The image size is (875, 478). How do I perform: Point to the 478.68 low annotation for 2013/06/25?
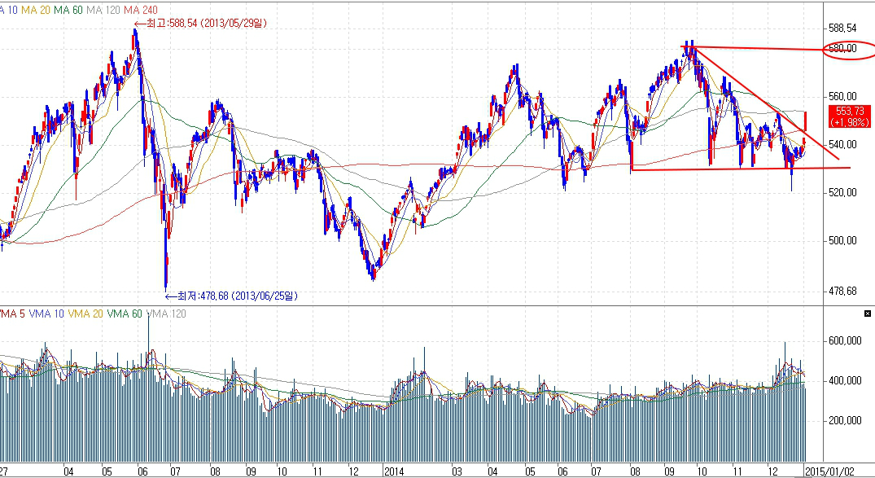tap(231, 296)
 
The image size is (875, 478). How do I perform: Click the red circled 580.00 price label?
tap(842, 49)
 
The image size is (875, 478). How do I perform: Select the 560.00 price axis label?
tap(842, 97)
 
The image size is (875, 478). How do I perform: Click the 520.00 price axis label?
tap(842, 193)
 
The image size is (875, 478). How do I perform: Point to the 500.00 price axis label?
tap(842, 241)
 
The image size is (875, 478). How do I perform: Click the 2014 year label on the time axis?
tap(394, 471)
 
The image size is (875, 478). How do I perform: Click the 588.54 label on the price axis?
tap(842, 28)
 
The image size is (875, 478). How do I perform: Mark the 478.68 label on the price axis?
tap(842, 291)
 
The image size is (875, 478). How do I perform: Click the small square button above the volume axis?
tap(868, 313)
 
